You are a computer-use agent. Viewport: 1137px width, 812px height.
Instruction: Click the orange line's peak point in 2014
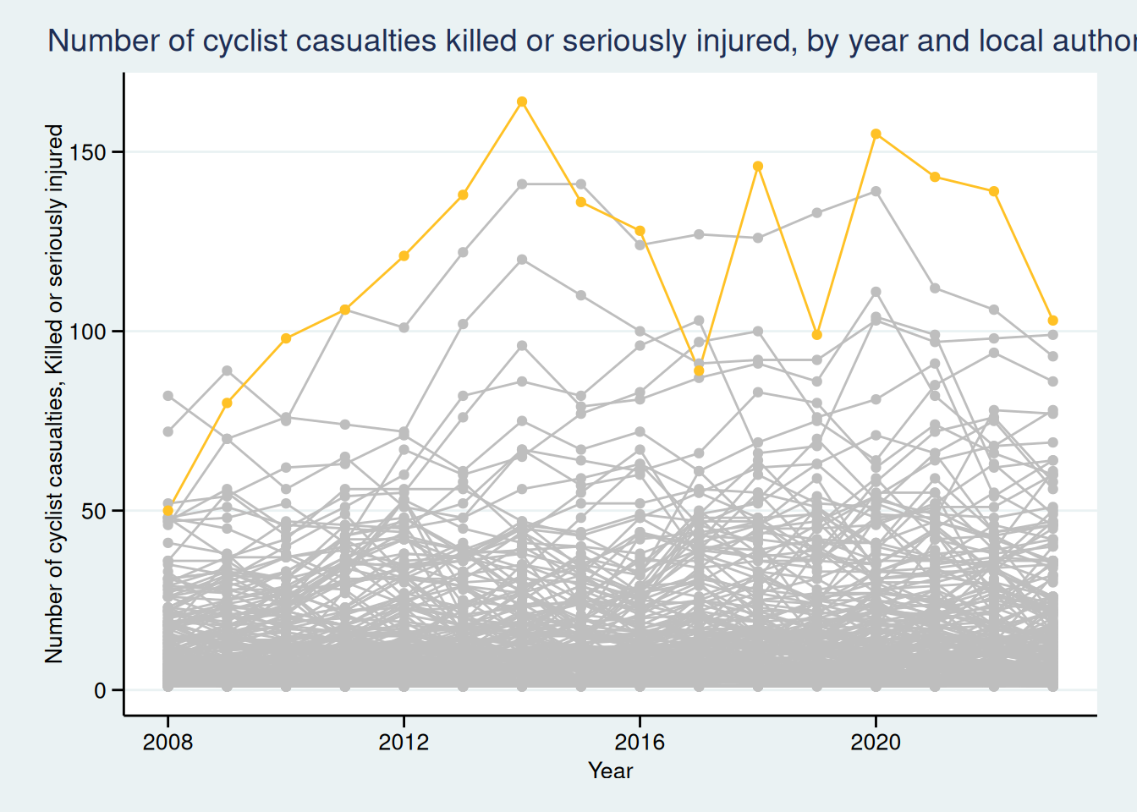522,101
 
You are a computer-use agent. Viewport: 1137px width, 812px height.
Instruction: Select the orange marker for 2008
168,511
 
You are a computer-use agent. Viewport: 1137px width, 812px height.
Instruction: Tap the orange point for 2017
699,370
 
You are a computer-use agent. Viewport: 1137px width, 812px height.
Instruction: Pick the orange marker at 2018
758,166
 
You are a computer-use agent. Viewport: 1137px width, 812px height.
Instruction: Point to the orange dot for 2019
817,335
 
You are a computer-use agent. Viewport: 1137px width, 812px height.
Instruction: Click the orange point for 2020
876,134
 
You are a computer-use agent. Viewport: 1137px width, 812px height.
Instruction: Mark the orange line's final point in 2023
1053,321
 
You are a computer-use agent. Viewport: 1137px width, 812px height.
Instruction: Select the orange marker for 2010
286,338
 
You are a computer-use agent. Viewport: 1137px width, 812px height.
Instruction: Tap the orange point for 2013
463,195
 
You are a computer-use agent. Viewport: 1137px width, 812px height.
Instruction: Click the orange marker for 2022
994,191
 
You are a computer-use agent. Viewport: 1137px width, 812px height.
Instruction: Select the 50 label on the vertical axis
95,511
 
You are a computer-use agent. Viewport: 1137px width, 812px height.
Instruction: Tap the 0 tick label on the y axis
101,690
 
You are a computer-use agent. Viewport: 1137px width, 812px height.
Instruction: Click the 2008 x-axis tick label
168,743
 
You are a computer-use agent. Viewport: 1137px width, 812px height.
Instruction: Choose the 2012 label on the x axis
404,743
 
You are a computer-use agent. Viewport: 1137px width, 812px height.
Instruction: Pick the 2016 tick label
640,743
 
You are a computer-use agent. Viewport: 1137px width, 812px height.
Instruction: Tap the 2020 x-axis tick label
876,743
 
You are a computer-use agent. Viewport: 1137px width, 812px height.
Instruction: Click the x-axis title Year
610,771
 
